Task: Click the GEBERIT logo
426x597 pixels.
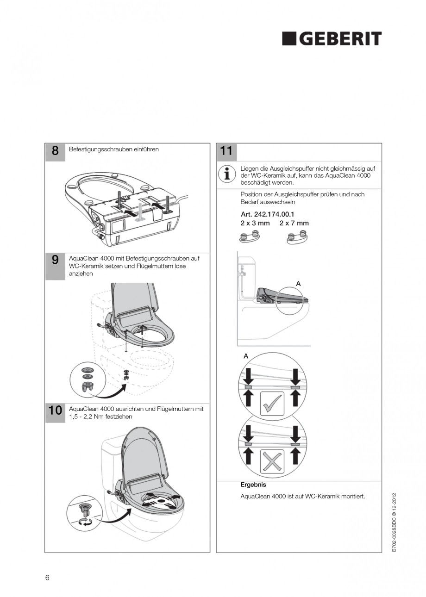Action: pos(332,39)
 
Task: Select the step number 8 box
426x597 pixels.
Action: pos(55,152)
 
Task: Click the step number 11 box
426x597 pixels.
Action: pos(226,152)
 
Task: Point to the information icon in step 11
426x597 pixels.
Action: pos(227,174)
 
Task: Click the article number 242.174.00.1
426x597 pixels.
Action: pos(268,215)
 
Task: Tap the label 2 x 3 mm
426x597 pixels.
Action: pos(255,223)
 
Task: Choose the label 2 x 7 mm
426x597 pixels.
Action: pos(294,223)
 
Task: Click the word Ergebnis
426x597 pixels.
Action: pos(253,485)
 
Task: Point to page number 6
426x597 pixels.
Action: pos(47,578)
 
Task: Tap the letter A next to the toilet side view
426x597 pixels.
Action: pos(298,283)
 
